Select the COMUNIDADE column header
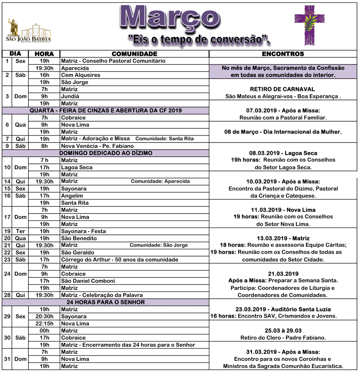pos(135,54)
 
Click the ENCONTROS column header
pos(283,54)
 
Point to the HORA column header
pos(44,54)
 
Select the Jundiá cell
pos(70,96)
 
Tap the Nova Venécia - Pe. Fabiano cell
pos(98,146)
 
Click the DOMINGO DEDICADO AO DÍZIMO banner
pos(106,153)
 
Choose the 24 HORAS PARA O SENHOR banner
pos(106,302)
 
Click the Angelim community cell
pos(72,196)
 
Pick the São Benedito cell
pos(79,238)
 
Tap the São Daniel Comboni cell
pos(88,281)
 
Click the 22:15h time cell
pos(45,324)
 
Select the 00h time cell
pos(45,331)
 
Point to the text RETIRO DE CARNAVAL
pos(282,89)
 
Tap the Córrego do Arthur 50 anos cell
pos(120,260)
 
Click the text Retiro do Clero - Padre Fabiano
pos(283,338)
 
